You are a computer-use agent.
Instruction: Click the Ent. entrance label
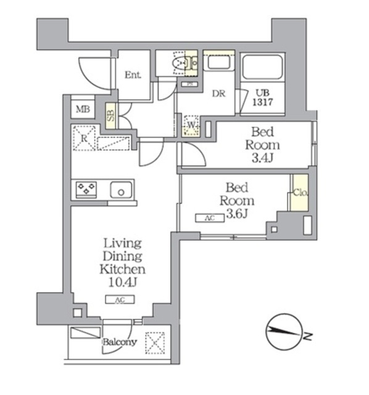click(x=133, y=75)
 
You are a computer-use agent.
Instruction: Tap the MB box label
click(x=81, y=110)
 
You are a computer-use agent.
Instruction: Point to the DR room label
click(x=218, y=93)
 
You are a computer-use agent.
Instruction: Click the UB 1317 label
click(x=263, y=99)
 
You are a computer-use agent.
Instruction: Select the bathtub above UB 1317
click(x=262, y=69)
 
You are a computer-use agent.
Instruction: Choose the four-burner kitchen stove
click(x=86, y=189)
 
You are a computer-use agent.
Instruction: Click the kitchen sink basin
click(x=122, y=189)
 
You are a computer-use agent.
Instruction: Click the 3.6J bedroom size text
click(x=238, y=214)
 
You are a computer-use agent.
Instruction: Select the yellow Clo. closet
click(x=300, y=193)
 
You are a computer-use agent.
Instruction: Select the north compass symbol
click(x=284, y=333)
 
